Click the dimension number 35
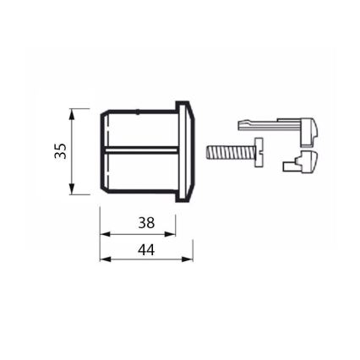coord(60,150)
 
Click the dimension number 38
coord(146,224)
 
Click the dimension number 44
coord(146,251)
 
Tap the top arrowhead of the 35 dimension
coord(73,112)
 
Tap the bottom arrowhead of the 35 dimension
coord(73,189)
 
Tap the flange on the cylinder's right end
coord(185,150)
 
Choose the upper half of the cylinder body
coord(139,129)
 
